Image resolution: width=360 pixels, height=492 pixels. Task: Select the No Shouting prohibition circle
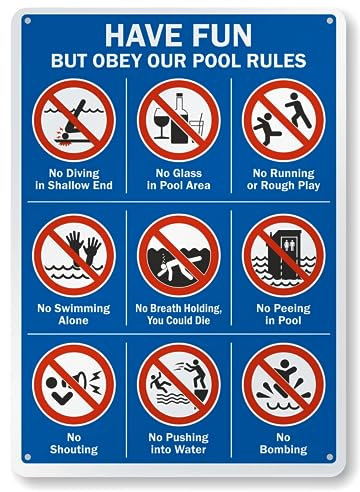click(74, 383)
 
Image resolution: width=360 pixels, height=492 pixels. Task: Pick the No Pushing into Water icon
click(180, 383)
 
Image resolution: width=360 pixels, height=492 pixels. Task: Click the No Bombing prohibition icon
click(284, 383)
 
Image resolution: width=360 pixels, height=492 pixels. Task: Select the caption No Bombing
click(284, 443)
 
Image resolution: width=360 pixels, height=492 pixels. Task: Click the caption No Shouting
click(74, 443)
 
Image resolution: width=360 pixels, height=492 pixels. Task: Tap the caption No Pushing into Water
click(180, 443)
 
